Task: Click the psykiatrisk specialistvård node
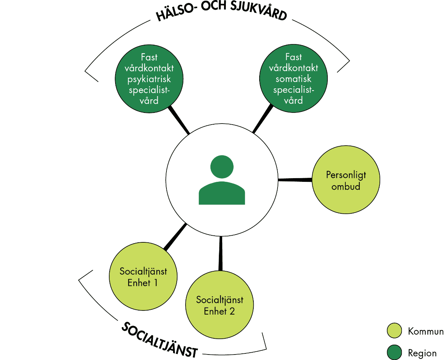click(x=149, y=78)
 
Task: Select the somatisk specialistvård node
click(x=293, y=78)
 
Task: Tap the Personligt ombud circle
click(x=346, y=180)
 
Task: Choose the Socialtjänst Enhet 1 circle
click(x=143, y=276)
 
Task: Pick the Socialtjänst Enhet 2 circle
click(x=219, y=304)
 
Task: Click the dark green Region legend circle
click(x=394, y=353)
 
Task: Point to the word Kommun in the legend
click(x=426, y=331)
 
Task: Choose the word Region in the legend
click(x=422, y=353)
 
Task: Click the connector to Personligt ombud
click(x=295, y=180)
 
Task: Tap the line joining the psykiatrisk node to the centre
click(x=179, y=120)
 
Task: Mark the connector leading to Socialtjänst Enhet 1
click(x=175, y=237)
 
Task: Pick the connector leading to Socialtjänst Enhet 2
click(x=221, y=253)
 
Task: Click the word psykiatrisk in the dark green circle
click(x=149, y=79)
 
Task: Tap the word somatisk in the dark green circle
click(x=293, y=79)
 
